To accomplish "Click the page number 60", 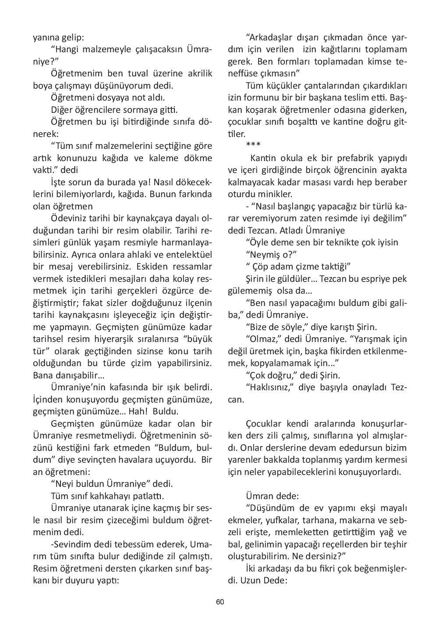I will coord(220,602).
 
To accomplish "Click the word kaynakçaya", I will coord(150,218).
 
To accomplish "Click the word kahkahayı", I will coord(108,496).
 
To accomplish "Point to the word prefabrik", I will coord(354,158).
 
